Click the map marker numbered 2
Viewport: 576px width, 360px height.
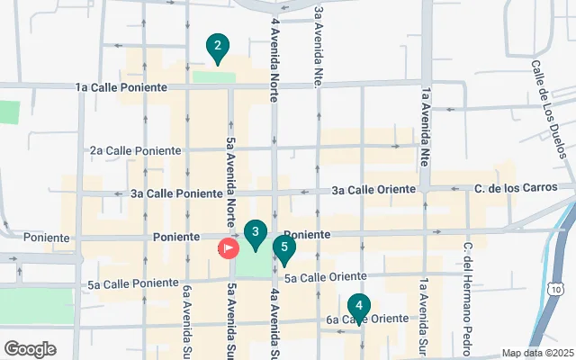[216, 47]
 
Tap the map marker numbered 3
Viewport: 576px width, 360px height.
[256, 234]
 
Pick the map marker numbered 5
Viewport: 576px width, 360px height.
[283, 249]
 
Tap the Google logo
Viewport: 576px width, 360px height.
[30, 348]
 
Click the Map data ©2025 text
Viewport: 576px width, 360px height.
[536, 353]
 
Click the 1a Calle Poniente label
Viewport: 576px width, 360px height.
[121, 87]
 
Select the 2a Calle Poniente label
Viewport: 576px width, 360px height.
[135, 150]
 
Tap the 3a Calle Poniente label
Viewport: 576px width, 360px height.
[176, 193]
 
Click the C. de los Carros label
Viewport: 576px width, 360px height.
[511, 188]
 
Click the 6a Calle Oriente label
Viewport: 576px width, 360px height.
[367, 319]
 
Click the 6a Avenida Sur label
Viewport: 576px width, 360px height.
[187, 321]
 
